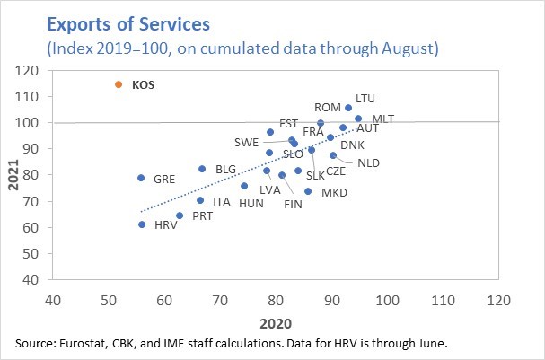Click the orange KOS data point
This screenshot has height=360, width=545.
click(118, 84)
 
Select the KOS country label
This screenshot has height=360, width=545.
click(144, 85)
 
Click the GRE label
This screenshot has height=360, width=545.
click(164, 179)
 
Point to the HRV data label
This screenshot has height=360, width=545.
click(166, 224)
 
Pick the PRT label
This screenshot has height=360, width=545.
click(201, 216)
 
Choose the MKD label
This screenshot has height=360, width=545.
click(335, 192)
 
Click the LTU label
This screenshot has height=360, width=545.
click(365, 98)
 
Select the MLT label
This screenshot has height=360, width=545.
click(383, 119)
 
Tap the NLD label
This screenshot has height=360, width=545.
click(369, 162)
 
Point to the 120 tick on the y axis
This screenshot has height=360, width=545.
click(31, 70)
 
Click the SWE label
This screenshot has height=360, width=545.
click(247, 142)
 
